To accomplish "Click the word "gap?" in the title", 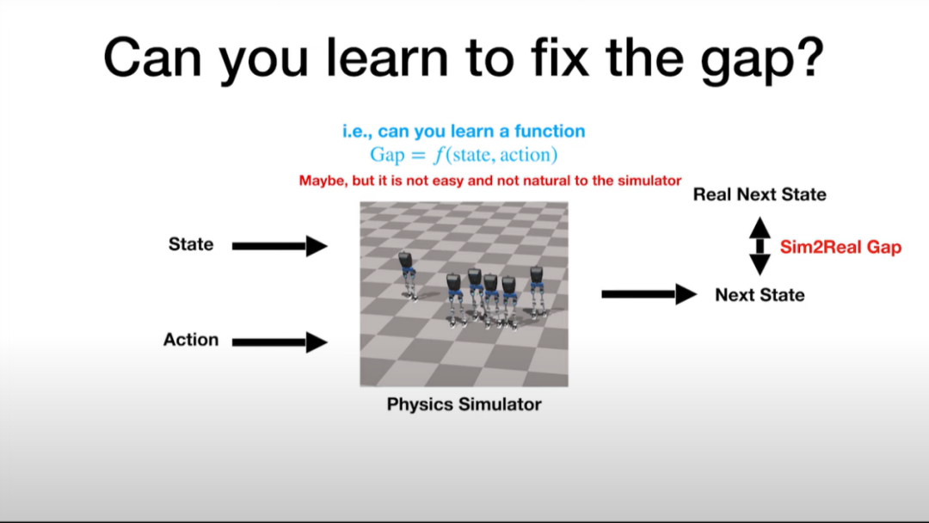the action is tap(762, 59).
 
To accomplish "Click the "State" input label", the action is tap(191, 244).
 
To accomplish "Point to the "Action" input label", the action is tap(191, 340).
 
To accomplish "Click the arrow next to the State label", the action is tap(280, 246).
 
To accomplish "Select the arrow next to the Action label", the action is tap(280, 341).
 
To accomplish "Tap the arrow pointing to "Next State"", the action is tap(649, 294).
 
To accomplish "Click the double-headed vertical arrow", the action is tap(760, 246).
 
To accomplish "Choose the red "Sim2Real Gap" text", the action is tap(840, 247).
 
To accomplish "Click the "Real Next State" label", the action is tap(760, 194).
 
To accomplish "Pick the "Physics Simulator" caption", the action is tap(464, 404).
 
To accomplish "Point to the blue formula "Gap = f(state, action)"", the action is tap(464, 155).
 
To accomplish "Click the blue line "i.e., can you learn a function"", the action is tap(464, 131).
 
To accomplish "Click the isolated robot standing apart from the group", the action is tap(407, 275).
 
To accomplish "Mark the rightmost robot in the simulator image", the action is tap(537, 292).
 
